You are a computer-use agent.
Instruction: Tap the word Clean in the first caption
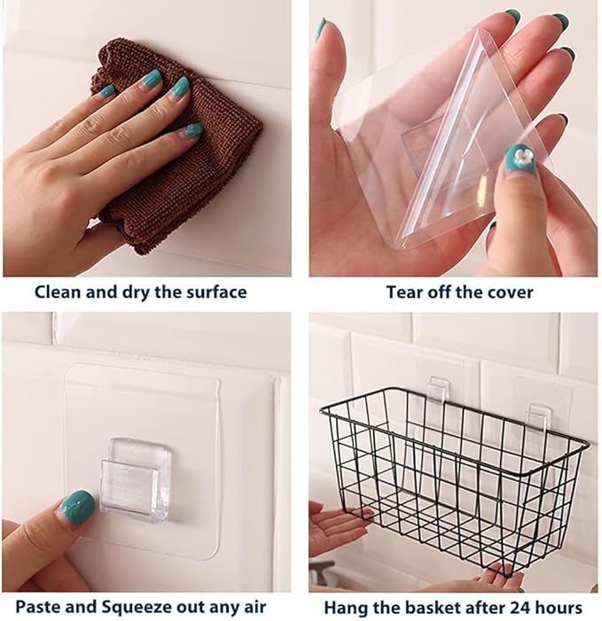coord(59,291)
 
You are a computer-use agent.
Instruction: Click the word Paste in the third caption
coord(40,608)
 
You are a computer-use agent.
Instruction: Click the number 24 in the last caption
coord(512,608)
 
